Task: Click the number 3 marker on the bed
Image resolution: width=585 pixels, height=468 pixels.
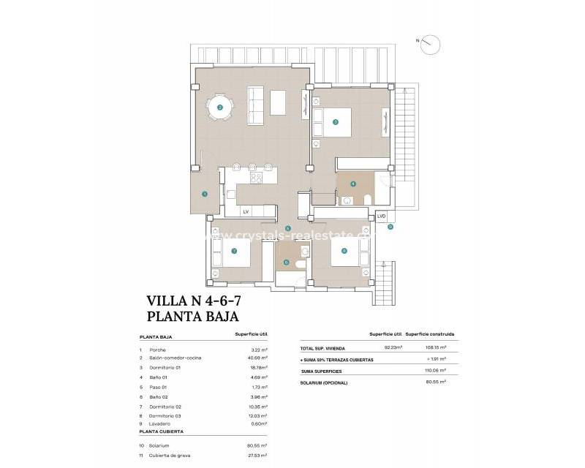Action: click(335, 122)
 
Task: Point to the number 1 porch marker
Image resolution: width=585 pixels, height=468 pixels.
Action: click(205, 194)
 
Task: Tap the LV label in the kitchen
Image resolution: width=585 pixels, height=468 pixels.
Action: click(246, 211)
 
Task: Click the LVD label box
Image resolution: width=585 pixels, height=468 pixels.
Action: click(382, 216)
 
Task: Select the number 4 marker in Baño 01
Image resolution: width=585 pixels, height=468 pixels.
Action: click(353, 184)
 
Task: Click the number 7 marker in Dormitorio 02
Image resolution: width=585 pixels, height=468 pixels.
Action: click(233, 251)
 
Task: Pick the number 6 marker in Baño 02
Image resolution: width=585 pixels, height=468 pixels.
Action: click(287, 263)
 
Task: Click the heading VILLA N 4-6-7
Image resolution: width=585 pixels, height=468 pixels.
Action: click(193, 301)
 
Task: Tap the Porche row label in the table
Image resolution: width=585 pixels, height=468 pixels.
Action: click(157, 350)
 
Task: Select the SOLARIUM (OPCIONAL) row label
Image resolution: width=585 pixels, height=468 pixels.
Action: click(324, 382)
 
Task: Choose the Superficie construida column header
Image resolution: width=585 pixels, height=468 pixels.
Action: click(430, 333)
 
